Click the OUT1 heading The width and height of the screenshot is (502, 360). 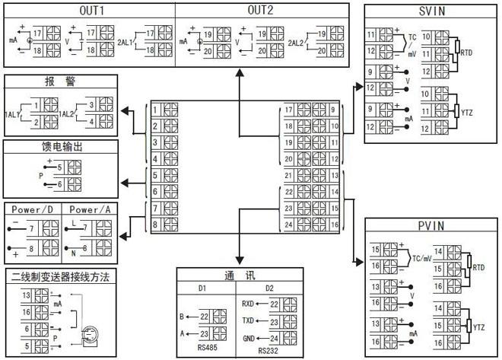point(91,10)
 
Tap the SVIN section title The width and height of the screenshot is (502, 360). point(431,12)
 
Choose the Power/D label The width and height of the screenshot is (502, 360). point(31,209)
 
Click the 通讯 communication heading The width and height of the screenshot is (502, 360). point(234,276)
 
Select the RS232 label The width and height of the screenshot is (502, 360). point(268,351)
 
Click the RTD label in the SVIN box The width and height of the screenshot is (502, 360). point(467,52)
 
